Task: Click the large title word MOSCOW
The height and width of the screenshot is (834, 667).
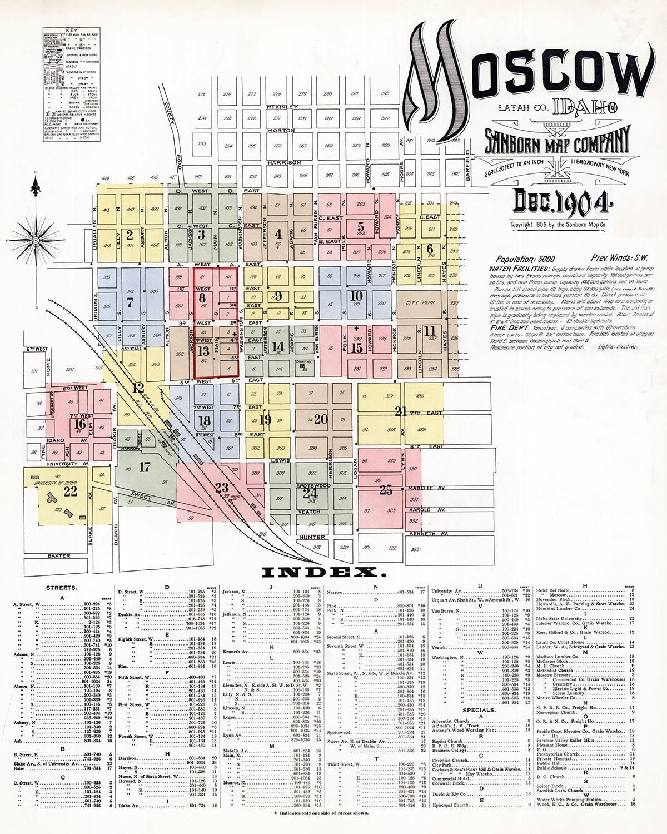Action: (528, 78)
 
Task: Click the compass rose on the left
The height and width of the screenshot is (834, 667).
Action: (36, 240)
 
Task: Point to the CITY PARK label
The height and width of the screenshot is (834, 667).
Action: (420, 302)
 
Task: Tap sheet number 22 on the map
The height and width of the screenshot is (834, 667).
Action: (70, 491)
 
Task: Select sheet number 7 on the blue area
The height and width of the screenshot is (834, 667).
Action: (130, 303)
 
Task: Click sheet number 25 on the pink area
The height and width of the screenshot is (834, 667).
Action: (386, 490)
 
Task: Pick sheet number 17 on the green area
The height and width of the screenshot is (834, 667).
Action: (145, 467)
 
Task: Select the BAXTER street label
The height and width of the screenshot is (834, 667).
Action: (58, 555)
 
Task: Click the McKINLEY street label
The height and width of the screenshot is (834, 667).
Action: (282, 106)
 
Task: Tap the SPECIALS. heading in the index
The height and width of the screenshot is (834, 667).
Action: (479, 710)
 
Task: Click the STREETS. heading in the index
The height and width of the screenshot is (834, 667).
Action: (62, 587)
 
